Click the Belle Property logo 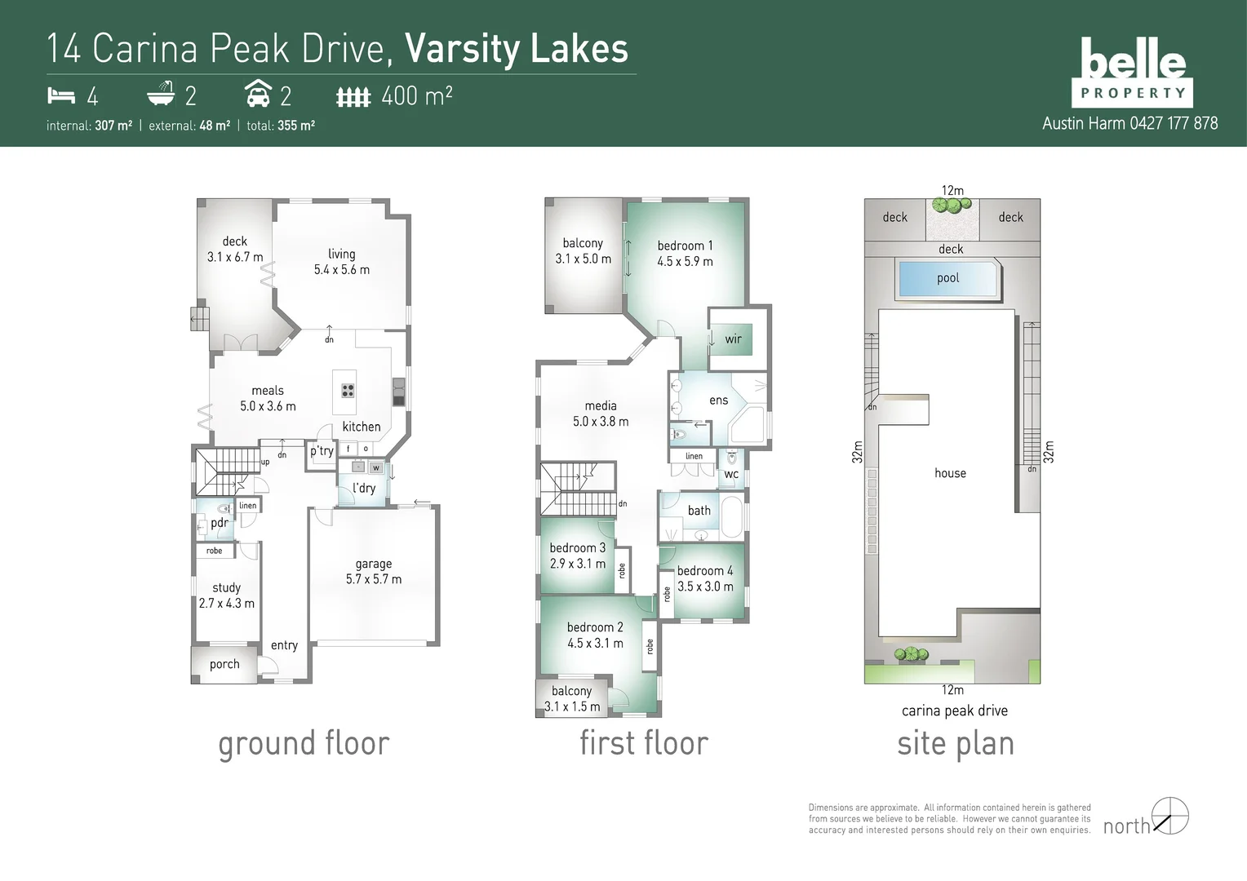[1133, 73]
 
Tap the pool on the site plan [947, 278]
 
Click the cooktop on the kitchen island [348, 390]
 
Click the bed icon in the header [61, 96]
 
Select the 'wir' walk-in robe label [733, 339]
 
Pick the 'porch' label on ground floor [224, 664]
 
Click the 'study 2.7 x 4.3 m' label [227, 595]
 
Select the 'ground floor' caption [304, 743]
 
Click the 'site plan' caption [955, 743]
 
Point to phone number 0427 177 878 [1174, 123]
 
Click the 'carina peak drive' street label [954, 711]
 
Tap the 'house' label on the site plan [950, 473]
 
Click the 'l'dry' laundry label [364, 488]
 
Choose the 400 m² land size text [416, 96]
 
